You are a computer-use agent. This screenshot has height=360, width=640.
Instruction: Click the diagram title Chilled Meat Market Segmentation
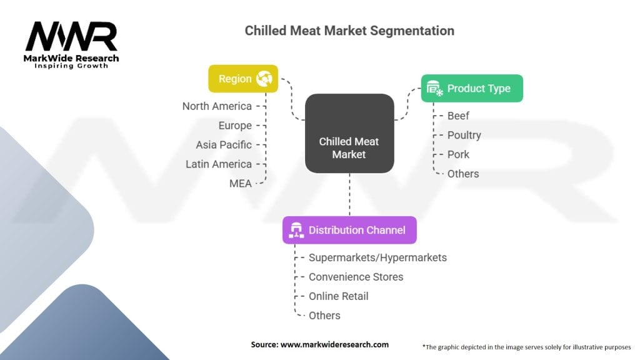[x=349, y=31]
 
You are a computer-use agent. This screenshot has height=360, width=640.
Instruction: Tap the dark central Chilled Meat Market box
[x=349, y=133]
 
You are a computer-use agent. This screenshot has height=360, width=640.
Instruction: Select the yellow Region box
[x=242, y=79]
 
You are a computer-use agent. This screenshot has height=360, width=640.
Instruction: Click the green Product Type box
[x=471, y=89]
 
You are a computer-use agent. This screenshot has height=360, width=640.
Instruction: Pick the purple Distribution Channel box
[x=349, y=230]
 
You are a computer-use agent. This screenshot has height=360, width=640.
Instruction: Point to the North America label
[x=217, y=106]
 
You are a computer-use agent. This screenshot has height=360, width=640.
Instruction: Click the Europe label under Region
[x=235, y=126]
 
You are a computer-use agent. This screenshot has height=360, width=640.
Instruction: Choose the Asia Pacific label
[x=224, y=145]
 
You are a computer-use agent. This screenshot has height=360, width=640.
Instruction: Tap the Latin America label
[x=219, y=164]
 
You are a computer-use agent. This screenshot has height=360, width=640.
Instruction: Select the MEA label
[x=241, y=184]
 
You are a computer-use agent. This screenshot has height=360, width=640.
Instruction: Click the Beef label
[x=458, y=116]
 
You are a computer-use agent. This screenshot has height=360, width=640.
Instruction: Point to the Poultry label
[x=464, y=135]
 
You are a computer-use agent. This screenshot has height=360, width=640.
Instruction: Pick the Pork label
[x=458, y=154]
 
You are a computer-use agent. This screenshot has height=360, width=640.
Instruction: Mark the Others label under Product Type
[x=463, y=174]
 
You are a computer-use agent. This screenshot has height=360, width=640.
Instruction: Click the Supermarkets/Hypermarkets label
[x=377, y=257]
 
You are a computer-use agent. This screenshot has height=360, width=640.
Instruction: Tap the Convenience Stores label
[x=356, y=277]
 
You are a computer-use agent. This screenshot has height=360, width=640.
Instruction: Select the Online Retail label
[x=338, y=296]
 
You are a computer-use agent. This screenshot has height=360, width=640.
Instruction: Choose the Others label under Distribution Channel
[x=324, y=316]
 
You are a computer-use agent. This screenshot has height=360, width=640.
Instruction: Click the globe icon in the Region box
[x=263, y=79]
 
